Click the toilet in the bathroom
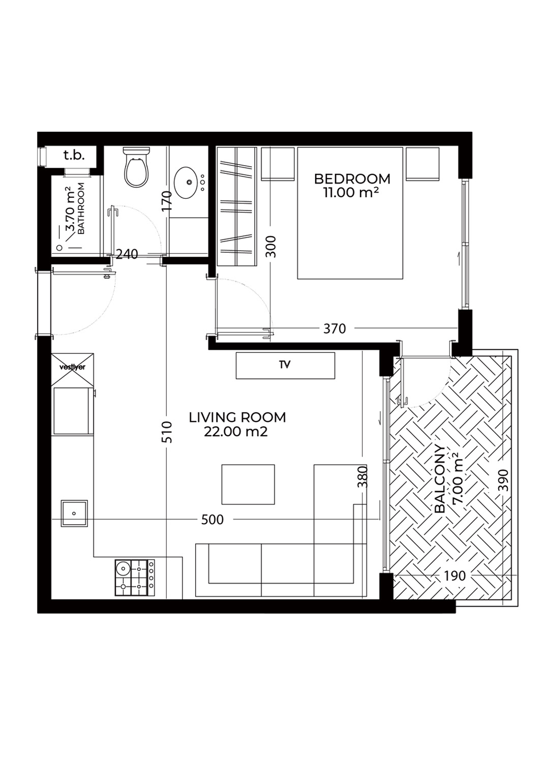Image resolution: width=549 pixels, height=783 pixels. [137, 167]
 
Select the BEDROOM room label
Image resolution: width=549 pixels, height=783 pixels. [352, 178]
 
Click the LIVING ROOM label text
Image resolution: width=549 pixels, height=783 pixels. [237, 417]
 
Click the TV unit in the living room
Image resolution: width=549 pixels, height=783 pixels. [285, 365]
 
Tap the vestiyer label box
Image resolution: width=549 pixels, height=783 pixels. [72, 368]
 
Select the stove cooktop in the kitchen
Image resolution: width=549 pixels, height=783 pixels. [135, 578]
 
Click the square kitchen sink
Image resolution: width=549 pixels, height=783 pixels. [74, 514]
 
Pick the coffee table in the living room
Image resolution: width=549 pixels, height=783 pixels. [248, 485]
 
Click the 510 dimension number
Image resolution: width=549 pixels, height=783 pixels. [168, 432]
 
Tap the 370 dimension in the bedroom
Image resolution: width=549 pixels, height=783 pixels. [334, 328]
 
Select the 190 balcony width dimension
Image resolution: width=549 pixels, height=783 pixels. [454, 576]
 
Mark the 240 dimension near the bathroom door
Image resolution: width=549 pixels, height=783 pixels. [127, 254]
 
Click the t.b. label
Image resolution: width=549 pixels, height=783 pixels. [74, 155]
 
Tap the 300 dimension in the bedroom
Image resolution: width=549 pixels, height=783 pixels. [271, 247]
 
